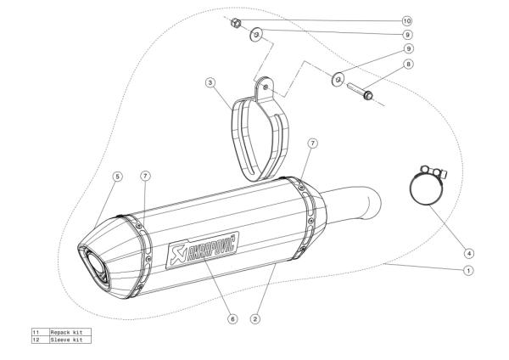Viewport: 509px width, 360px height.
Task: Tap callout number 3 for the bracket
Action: click(210, 82)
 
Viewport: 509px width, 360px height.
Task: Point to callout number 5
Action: click(117, 176)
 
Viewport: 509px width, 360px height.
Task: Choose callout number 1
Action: click(467, 271)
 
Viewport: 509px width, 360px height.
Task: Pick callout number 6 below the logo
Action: click(231, 319)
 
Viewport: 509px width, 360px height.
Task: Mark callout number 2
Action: click(255, 319)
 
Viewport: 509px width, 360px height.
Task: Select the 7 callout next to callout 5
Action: click(146, 176)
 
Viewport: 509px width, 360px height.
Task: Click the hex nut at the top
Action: click(238, 25)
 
